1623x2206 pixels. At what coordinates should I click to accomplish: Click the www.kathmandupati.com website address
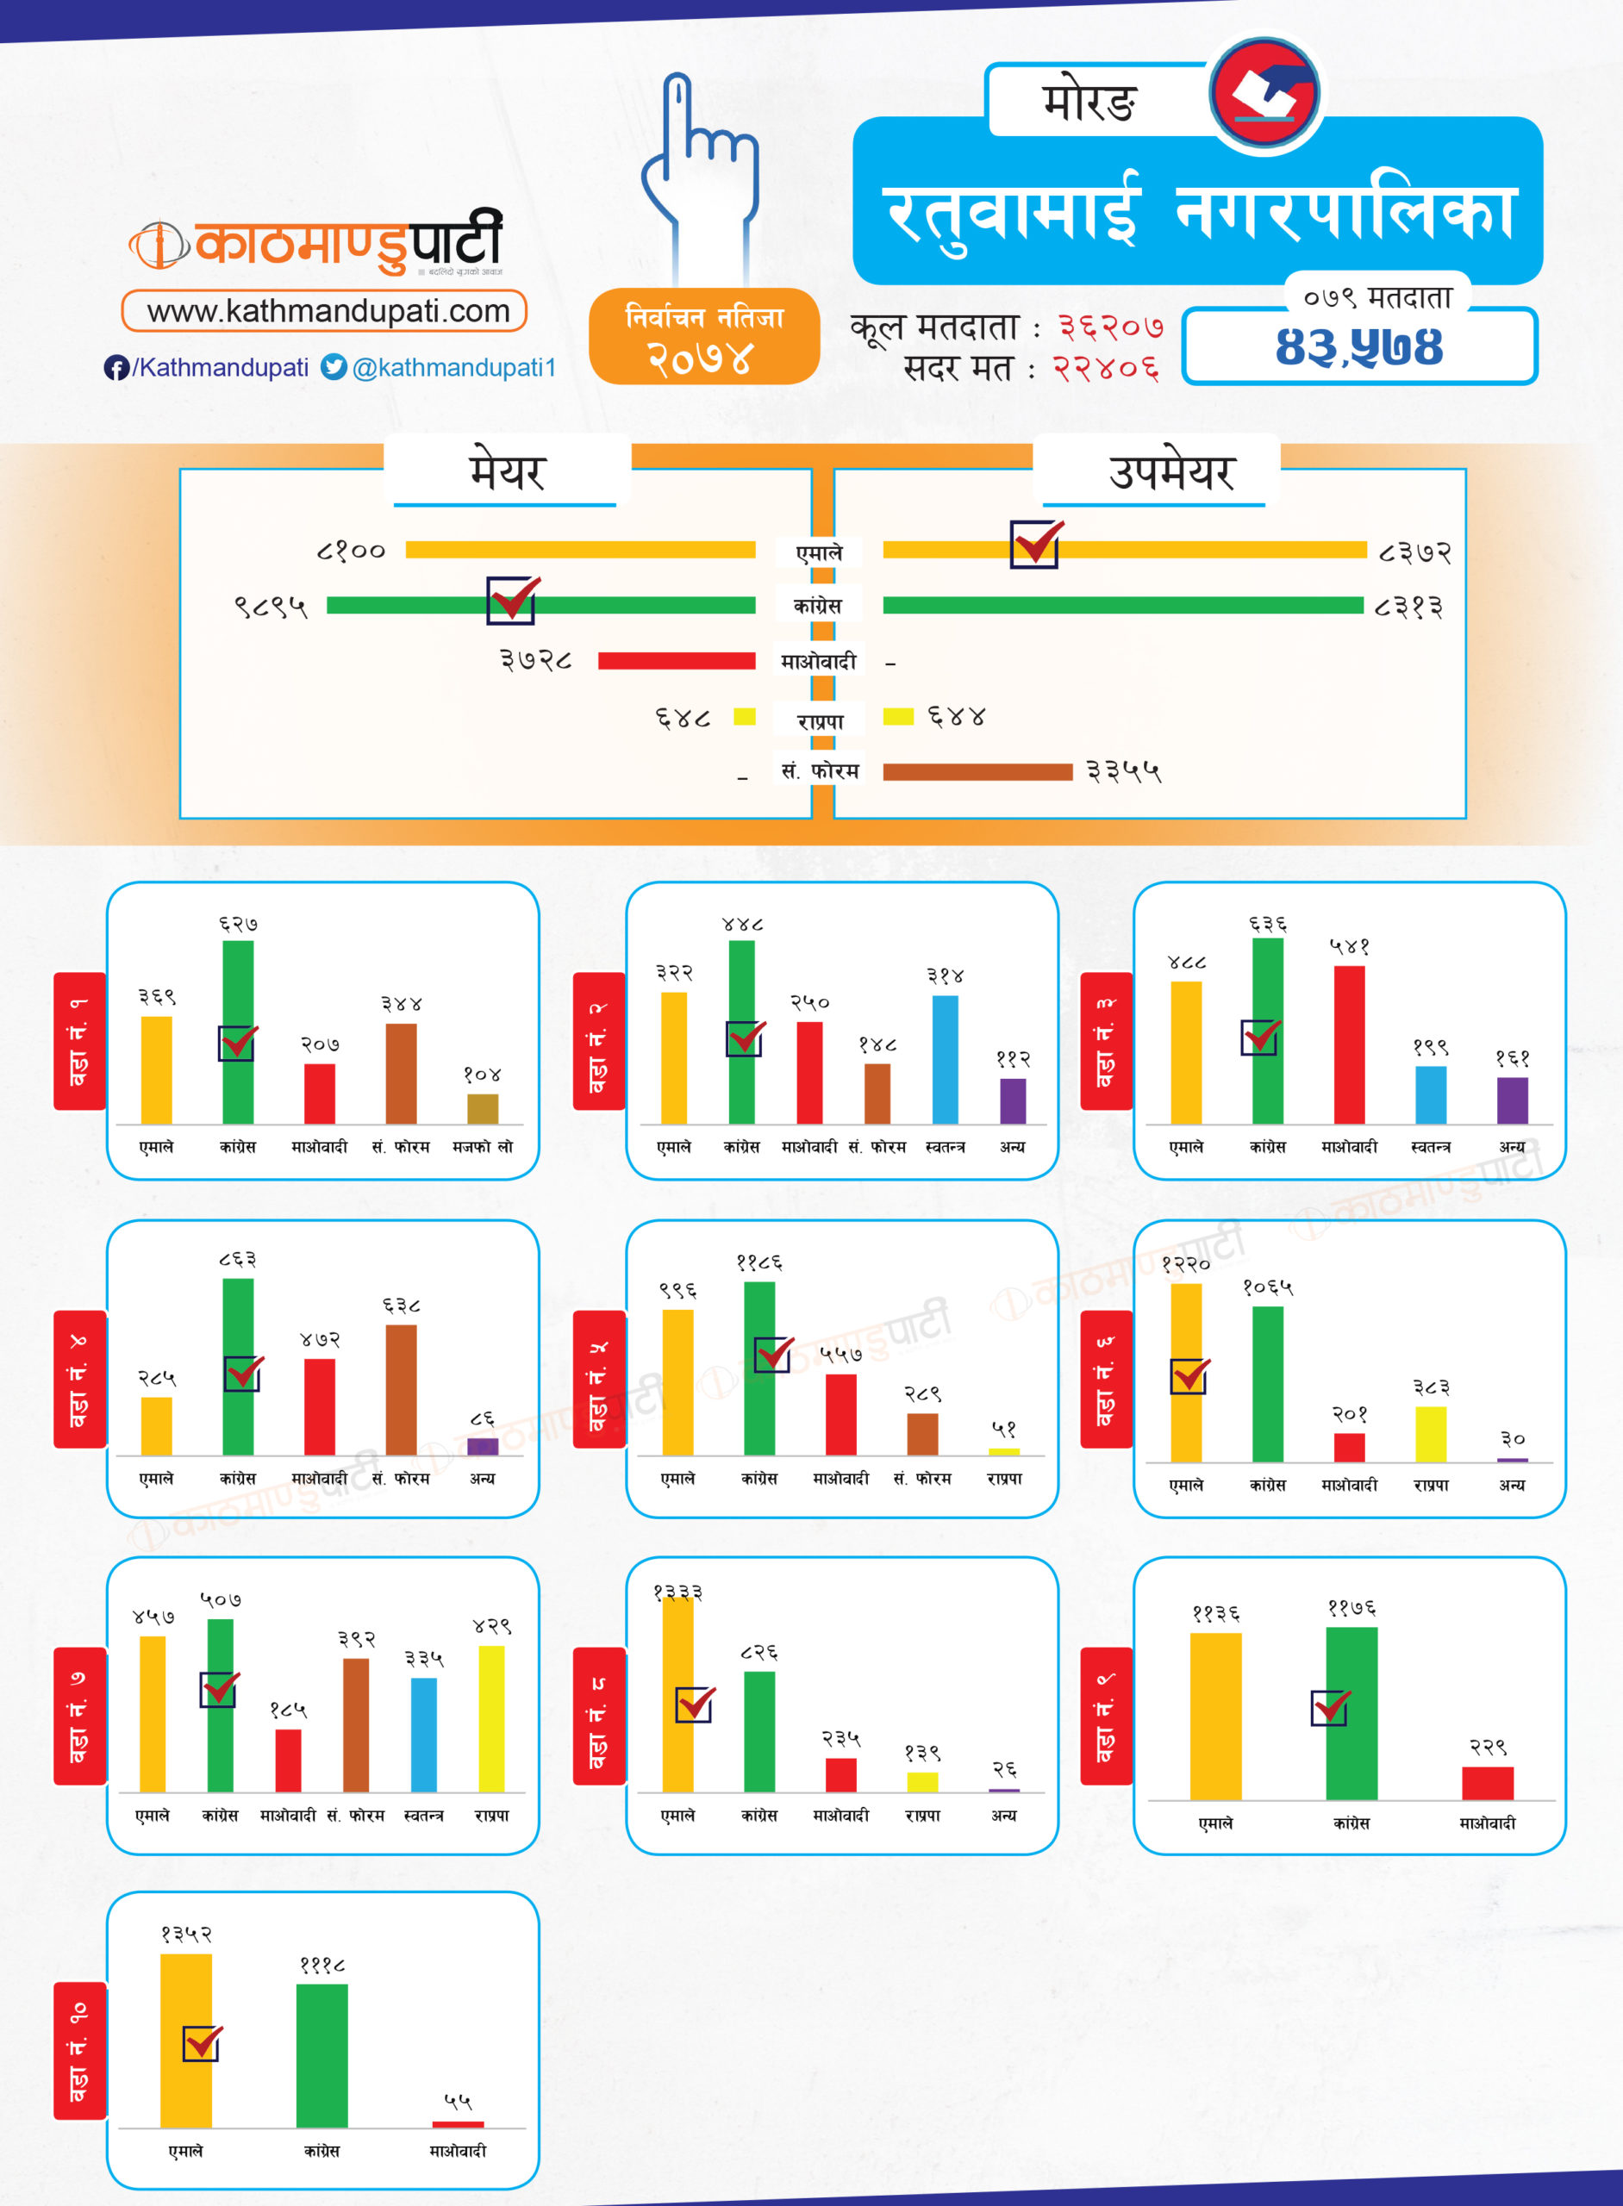click(x=328, y=311)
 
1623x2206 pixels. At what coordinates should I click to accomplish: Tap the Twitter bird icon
click(x=334, y=367)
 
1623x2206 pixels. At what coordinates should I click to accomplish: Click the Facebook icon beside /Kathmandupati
click(x=115, y=367)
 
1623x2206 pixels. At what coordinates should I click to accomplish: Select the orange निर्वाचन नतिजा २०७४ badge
click(x=704, y=337)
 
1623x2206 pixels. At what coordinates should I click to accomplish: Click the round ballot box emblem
click(x=1264, y=93)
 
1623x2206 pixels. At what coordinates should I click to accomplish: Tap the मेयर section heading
click(x=506, y=472)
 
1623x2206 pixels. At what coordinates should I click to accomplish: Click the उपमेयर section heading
click(x=1170, y=472)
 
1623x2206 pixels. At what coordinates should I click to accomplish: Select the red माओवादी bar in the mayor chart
click(x=676, y=660)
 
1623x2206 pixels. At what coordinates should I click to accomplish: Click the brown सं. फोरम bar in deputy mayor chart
click(x=977, y=772)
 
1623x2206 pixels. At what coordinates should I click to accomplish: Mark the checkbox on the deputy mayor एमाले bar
click(x=1035, y=544)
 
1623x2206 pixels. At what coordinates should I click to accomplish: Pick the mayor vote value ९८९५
click(x=270, y=607)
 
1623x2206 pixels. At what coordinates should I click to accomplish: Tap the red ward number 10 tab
click(x=79, y=2051)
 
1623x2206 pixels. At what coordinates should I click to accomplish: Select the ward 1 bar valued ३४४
click(x=401, y=1073)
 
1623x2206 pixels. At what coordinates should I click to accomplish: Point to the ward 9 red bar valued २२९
click(x=1488, y=1783)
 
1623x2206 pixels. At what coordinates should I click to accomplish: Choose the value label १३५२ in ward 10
click(x=185, y=1934)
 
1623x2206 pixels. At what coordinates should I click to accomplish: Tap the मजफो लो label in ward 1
click(x=483, y=1146)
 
